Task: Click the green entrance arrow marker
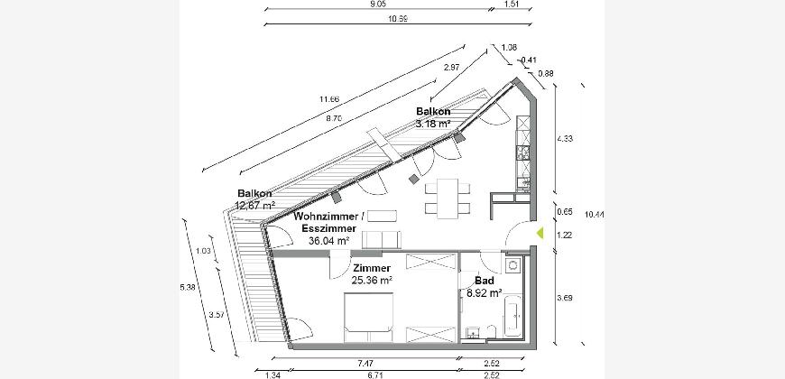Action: click(540, 233)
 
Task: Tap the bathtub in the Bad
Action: click(513, 316)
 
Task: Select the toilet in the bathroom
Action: click(491, 331)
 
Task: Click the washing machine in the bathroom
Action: click(513, 265)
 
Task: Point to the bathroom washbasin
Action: click(472, 332)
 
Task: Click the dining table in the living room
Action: click(448, 199)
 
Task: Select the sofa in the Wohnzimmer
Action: click(382, 240)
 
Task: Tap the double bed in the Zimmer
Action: click(368, 318)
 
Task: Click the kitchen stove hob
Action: click(523, 153)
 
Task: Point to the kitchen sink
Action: click(523, 184)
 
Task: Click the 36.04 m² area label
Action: click(329, 241)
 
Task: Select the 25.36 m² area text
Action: click(372, 281)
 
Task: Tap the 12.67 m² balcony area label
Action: click(255, 205)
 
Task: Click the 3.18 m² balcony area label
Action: click(432, 124)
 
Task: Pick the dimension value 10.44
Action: click(595, 215)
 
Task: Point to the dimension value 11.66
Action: click(329, 99)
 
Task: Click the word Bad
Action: click(485, 281)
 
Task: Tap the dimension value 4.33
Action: click(565, 139)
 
